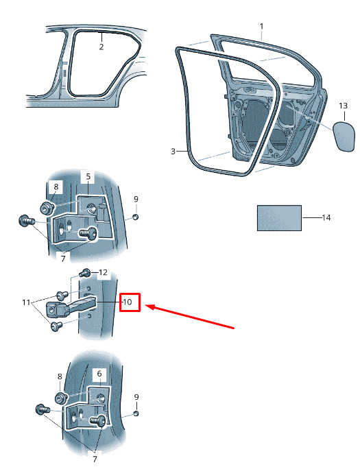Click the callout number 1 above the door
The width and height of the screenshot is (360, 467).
pos(261,27)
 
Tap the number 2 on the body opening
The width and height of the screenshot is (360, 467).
pos(101,47)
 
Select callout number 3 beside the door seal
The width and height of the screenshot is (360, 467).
pos(173,152)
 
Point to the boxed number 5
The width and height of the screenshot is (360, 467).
pos(88,177)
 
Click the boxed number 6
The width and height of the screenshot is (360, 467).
pos(99,374)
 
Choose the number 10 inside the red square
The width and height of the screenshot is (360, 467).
pos(127,302)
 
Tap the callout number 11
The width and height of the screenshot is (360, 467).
pos(26,302)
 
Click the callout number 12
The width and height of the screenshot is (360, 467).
pos(103,272)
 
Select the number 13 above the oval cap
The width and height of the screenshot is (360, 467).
pos(343,106)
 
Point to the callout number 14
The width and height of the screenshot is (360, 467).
pos(326,217)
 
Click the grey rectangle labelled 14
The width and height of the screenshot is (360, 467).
pos(279,217)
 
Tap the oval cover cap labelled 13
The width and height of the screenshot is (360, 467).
pos(344,136)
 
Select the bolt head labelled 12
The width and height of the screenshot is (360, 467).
pos(85,272)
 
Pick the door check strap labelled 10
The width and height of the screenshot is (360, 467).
pos(71,305)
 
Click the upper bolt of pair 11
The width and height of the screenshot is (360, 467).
pos(62,296)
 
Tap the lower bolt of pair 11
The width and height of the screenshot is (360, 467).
pos(56,326)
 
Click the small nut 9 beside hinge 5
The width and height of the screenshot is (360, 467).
pos(135,217)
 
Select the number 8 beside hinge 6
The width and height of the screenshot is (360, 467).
pos(60,376)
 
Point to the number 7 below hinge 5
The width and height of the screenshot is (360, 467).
pos(63,259)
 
